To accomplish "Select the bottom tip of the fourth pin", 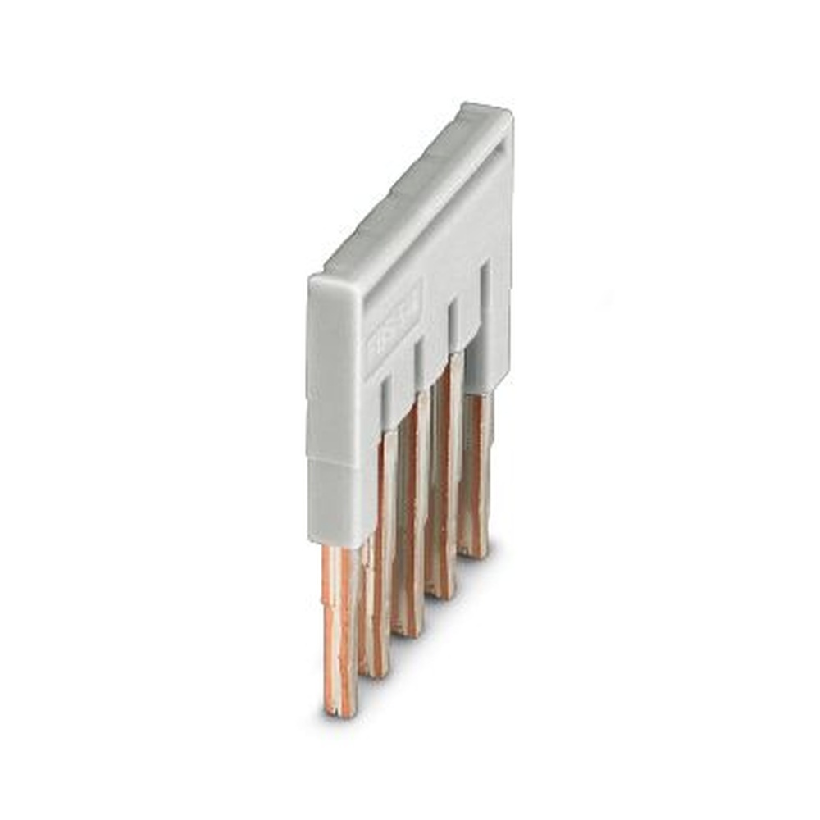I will tap(440, 592).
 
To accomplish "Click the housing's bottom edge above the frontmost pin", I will tap(336, 544).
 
